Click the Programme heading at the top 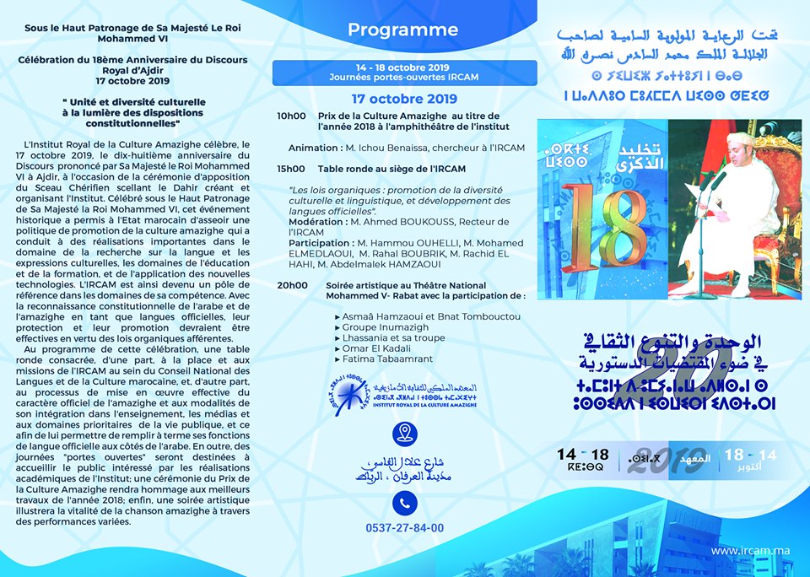click(402, 30)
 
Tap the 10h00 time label click(291, 116)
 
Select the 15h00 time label click(291, 169)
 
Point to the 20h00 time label click(293, 286)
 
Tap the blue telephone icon click(405, 503)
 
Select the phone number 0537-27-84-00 click(405, 528)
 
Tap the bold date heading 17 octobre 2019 click(404, 99)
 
